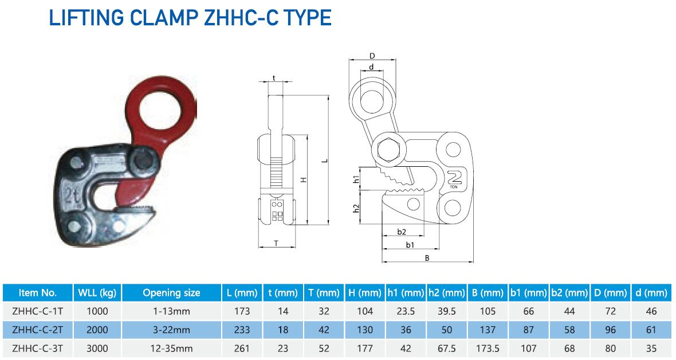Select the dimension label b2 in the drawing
[x=402, y=232]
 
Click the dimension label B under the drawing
[x=427, y=258]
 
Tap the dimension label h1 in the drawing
[x=356, y=179]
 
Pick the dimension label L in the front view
[x=325, y=161]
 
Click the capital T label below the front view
[x=276, y=243]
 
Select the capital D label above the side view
[x=372, y=56]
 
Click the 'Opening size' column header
[x=171, y=293]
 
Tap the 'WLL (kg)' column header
[x=97, y=293]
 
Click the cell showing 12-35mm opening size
[x=171, y=348]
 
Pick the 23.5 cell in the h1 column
[x=406, y=311]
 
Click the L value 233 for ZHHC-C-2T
[x=242, y=330]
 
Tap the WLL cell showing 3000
[x=97, y=348]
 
